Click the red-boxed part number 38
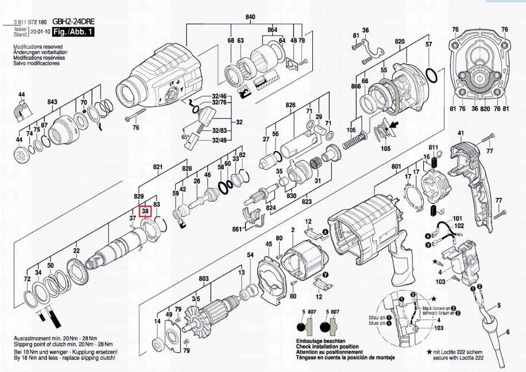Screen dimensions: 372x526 coord(145,211)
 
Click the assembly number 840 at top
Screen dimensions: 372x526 coord(250,17)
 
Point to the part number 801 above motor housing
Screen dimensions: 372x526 coord(396,167)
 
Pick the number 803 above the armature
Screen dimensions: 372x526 coord(203,279)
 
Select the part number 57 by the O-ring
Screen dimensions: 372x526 coord(428,44)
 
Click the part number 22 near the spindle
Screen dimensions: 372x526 coord(76,250)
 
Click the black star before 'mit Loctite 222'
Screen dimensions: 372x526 coord(428,350)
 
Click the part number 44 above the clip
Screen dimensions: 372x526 coord(21,94)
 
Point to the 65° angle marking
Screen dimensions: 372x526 coord(185,138)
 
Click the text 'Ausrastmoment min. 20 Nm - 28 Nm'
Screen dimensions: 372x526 coord(53,342)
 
